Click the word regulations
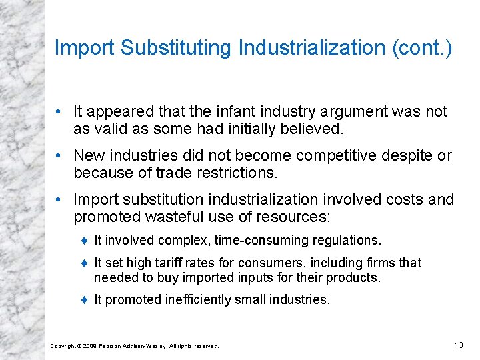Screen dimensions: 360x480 tap(347, 240)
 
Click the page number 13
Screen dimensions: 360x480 tap(458, 345)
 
